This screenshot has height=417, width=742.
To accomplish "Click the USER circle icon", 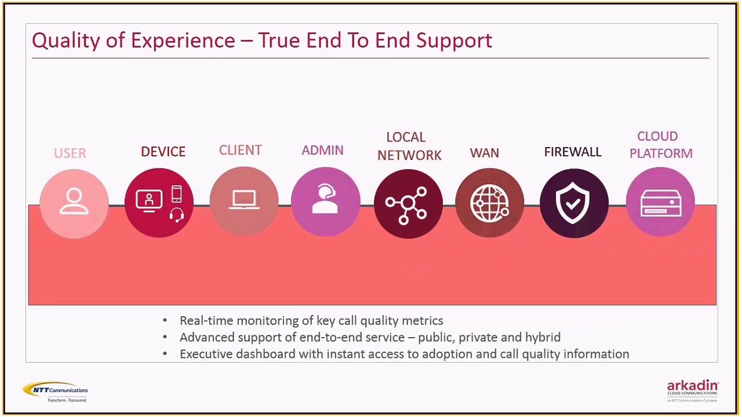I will pos(74,203).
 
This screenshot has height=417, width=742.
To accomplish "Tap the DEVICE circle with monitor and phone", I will pos(159,203).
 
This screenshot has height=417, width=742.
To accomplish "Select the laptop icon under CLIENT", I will pos(244,202).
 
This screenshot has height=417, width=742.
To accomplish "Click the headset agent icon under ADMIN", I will pos(325,202).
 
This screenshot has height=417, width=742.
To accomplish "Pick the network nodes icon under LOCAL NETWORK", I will pos(408,203).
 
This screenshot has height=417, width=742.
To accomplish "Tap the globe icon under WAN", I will pos(490,203).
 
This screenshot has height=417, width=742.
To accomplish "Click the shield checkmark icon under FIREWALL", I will pos(573,203).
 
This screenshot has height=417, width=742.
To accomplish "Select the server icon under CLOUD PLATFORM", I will pos(660,202).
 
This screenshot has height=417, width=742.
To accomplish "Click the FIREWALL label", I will pos(573,152).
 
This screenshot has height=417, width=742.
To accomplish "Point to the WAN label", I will pos(484,153).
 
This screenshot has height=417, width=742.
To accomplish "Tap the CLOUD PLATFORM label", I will pos(660,145).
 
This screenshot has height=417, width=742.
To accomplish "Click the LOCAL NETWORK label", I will pos(409,146).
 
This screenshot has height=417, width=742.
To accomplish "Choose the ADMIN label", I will pos(322,151).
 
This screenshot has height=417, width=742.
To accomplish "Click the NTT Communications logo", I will pos(56,392).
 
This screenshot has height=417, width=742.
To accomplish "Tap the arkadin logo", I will pos(692,390).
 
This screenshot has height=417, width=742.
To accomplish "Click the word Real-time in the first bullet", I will pos(206,321).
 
